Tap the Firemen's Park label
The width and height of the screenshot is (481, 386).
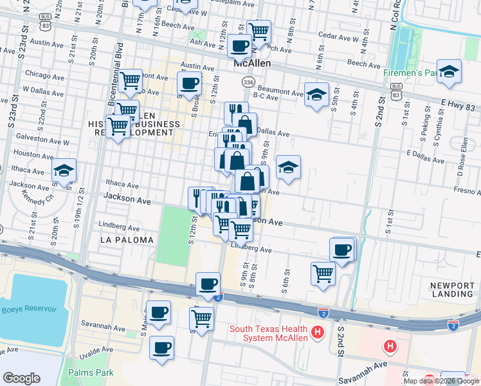(410, 74)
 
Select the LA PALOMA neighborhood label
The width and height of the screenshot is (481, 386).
(127, 240)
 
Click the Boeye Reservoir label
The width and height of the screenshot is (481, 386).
(29, 309)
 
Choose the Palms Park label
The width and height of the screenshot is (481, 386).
(91, 372)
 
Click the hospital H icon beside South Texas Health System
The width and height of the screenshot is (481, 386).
(316, 333)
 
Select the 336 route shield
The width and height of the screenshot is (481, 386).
(248, 82)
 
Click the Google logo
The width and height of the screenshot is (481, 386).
(21, 378)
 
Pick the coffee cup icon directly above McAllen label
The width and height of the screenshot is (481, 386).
(239, 46)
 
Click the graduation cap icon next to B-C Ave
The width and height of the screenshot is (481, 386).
(316, 95)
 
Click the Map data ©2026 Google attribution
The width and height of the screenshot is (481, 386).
(441, 381)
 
